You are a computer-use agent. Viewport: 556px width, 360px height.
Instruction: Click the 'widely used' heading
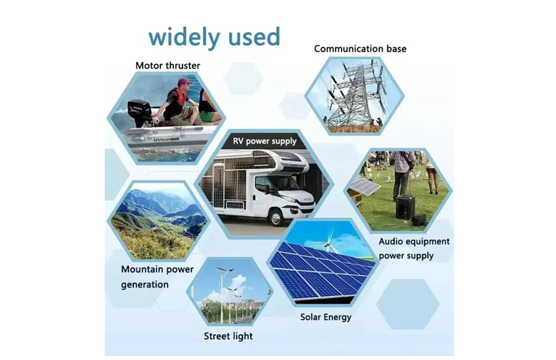click(214, 37)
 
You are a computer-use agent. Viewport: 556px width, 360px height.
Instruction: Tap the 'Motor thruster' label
click(167, 65)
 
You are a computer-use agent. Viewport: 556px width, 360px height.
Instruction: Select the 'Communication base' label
click(360, 48)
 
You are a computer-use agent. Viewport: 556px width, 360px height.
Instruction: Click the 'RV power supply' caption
click(264, 141)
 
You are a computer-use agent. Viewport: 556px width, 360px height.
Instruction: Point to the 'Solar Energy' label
click(326, 317)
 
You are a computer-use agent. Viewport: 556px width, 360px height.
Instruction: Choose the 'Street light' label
click(228, 336)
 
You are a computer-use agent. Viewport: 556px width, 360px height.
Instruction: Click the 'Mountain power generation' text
click(157, 277)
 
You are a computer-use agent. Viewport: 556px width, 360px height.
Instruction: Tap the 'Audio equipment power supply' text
click(414, 249)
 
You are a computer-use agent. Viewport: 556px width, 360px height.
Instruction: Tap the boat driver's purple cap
click(184, 82)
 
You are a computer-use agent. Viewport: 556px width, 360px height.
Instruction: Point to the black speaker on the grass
click(405, 207)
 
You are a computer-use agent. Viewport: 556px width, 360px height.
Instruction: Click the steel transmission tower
click(356, 94)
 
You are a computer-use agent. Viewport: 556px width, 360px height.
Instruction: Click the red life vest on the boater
click(180, 97)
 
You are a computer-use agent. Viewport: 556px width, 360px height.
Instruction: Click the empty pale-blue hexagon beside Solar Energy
click(408, 304)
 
